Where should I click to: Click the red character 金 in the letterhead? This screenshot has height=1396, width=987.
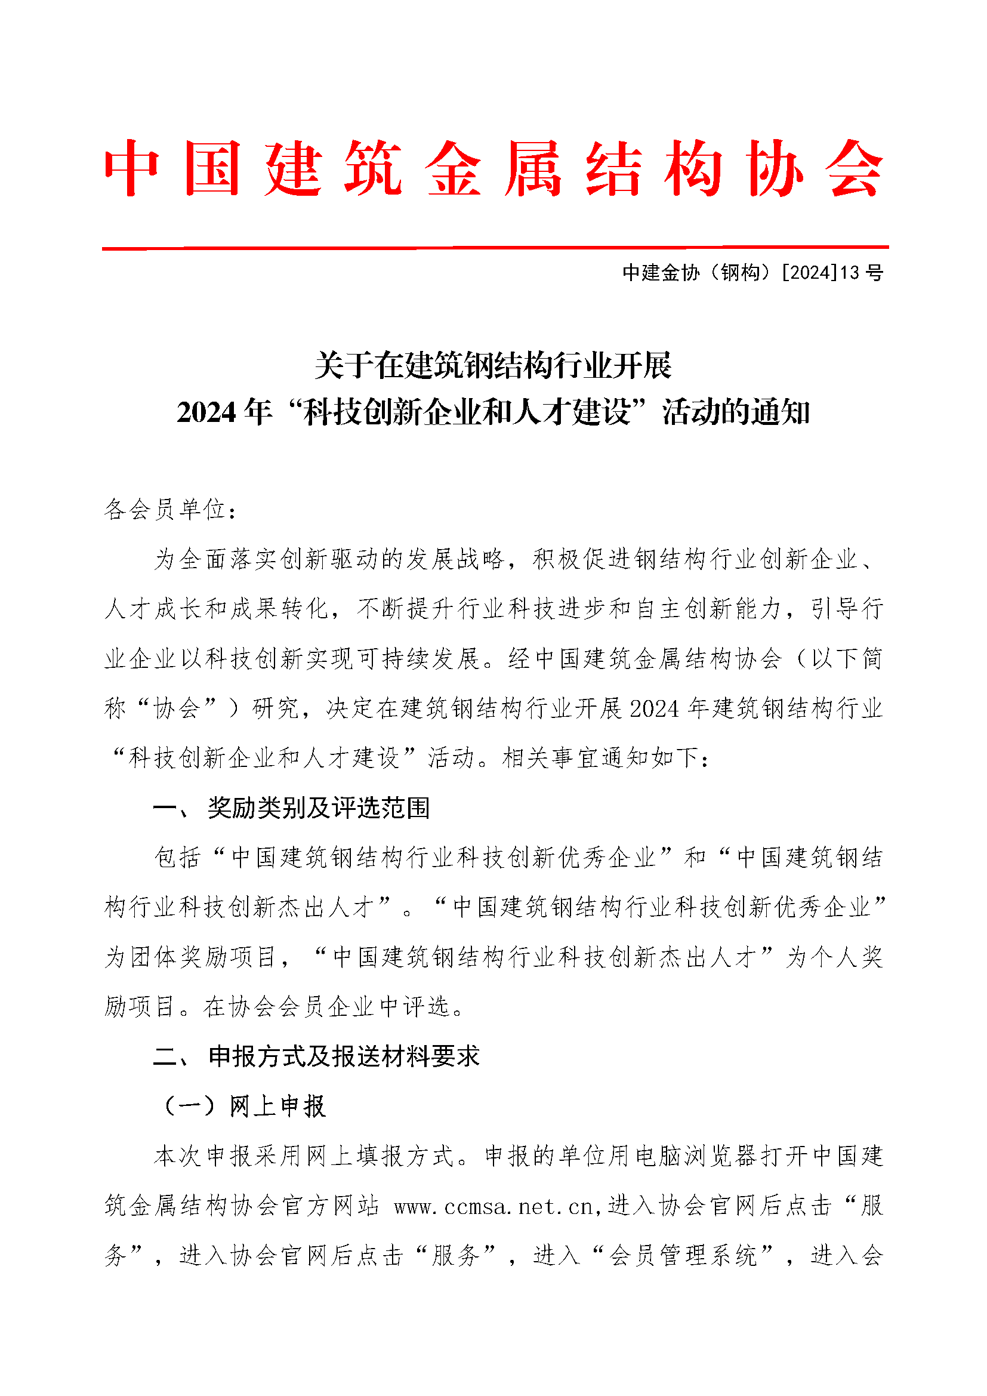[454, 168]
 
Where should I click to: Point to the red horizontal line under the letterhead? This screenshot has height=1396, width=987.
[495, 248]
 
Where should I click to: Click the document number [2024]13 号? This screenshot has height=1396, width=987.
[832, 272]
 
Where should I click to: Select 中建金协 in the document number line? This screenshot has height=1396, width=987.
[661, 272]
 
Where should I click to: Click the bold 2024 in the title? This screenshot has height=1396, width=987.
[206, 413]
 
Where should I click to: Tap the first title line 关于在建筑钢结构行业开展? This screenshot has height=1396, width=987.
[493, 365]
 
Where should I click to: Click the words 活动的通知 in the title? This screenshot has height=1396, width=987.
[736, 413]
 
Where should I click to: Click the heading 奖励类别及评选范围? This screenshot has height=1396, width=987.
[319, 808]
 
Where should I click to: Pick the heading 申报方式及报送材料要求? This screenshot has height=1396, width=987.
[344, 1057]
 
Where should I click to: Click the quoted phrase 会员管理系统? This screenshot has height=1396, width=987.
[683, 1256]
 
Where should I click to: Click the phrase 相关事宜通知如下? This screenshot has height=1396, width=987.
[600, 758]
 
